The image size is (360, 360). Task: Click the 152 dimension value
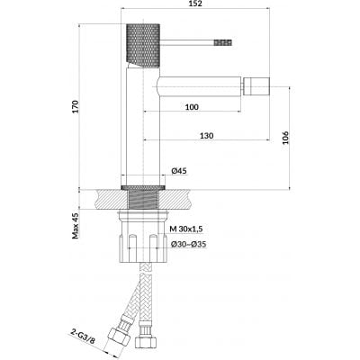click(195, 4)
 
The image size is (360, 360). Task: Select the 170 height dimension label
click(75, 106)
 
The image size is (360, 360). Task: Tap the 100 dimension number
click(192, 107)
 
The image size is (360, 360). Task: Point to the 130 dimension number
click(207, 135)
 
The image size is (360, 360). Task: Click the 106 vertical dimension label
click(285, 138)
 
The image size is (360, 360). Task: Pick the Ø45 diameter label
click(179, 171)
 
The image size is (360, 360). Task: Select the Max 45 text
click(75, 226)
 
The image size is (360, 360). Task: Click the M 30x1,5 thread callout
click(186, 229)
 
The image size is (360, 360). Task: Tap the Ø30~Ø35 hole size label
click(188, 244)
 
